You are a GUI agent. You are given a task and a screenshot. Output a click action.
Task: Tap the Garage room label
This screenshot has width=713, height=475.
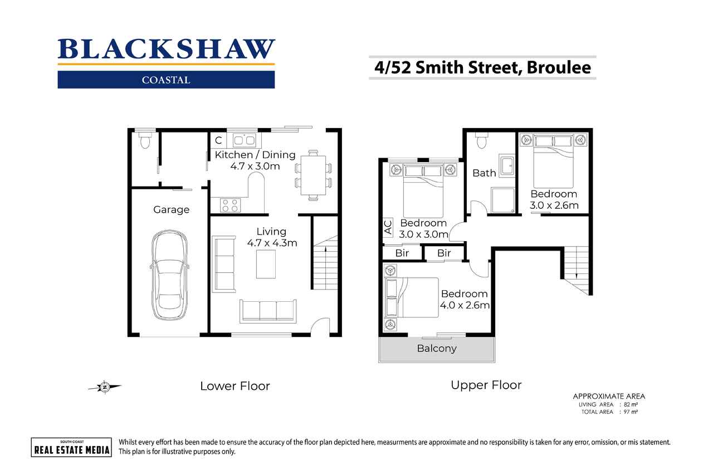pyautogui.click(x=171, y=210)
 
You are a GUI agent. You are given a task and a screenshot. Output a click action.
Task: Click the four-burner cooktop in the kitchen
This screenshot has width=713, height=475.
pyautogui.click(x=230, y=205)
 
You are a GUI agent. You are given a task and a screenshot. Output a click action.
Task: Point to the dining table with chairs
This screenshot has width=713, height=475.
pyautogui.click(x=314, y=174)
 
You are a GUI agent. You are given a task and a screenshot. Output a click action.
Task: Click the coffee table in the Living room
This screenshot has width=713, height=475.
pyautogui.click(x=266, y=264)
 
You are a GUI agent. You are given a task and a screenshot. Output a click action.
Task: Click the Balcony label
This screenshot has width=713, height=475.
pyautogui.click(x=437, y=349)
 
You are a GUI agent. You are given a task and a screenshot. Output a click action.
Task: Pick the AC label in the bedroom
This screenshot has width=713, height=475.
pyautogui.click(x=388, y=226)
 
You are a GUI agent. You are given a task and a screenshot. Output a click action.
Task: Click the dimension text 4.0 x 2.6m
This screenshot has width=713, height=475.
pyautogui.click(x=465, y=305)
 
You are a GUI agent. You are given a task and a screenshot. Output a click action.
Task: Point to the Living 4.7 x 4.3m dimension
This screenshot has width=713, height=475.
pyautogui.click(x=272, y=243)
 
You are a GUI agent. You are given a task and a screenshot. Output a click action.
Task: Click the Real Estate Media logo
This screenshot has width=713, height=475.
pyautogui.click(x=71, y=447)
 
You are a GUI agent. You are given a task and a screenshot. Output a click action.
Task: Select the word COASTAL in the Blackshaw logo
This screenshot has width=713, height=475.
pyautogui.click(x=166, y=80)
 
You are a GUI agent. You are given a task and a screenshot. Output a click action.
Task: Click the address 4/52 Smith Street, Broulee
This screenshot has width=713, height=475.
pyautogui.click(x=482, y=67)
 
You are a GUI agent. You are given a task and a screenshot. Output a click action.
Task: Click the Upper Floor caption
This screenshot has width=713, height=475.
pyautogui.click(x=486, y=385)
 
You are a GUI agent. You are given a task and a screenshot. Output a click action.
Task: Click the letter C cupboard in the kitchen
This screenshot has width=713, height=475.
pyautogui.click(x=218, y=140)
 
